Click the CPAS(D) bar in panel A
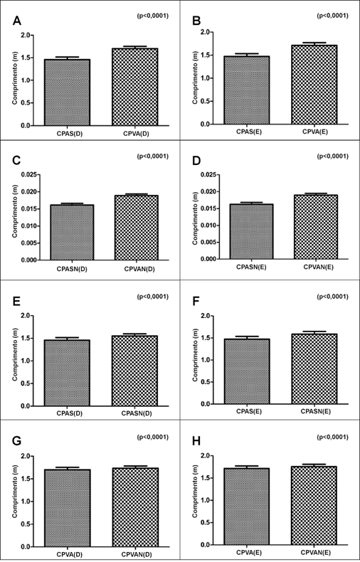67,92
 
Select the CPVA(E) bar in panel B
314,85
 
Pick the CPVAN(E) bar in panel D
316,227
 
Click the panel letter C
17,161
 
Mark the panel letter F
196,302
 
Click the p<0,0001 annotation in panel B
332,16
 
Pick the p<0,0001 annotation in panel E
152,297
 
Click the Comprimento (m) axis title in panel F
196,359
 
